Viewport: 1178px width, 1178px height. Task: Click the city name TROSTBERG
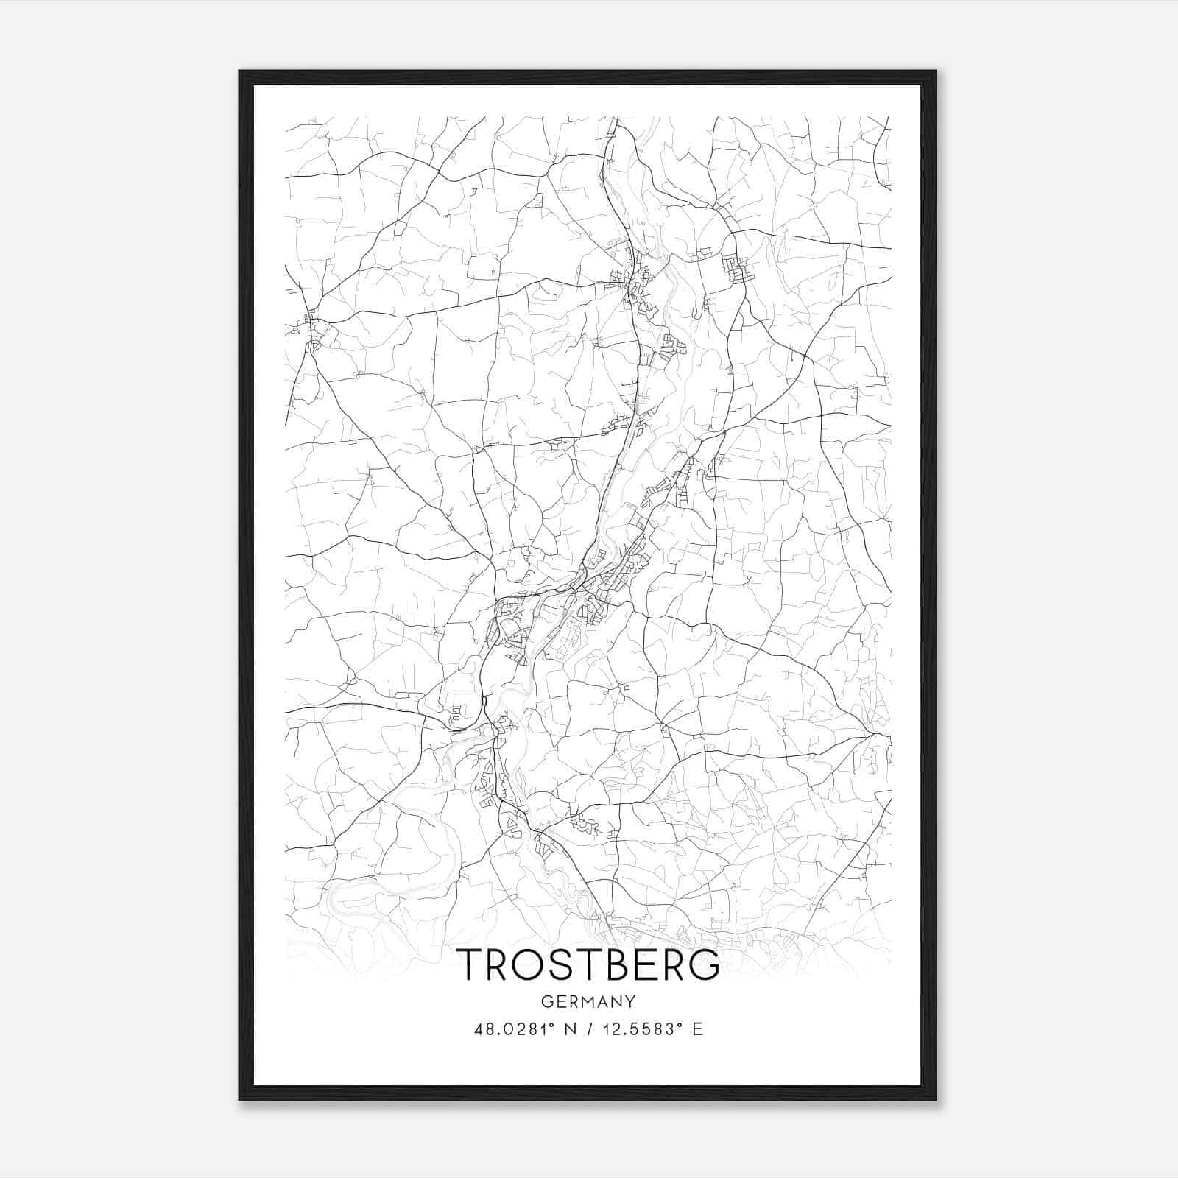588,964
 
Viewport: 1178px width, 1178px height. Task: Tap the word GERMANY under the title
588,1002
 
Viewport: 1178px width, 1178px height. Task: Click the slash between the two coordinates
587,1029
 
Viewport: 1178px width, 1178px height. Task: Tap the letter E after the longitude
697,1029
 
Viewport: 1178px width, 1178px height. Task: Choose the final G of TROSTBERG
704,964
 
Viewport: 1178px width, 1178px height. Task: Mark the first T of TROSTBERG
470,964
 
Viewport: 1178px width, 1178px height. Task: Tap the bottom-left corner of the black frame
240,1100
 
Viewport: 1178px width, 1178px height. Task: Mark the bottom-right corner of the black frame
935,1100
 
